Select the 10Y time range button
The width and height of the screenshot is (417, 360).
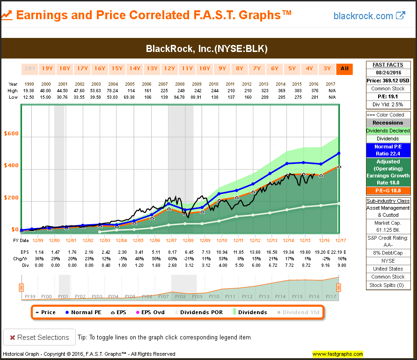(205, 69)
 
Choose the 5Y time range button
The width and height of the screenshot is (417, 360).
(292, 69)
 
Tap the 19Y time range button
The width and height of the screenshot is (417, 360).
(47, 69)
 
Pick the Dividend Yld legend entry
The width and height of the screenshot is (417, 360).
(299, 312)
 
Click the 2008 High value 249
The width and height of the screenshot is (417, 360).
(188, 90)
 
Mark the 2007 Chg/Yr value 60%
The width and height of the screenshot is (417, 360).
(171, 259)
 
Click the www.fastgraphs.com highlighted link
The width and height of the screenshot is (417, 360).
(337, 354)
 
